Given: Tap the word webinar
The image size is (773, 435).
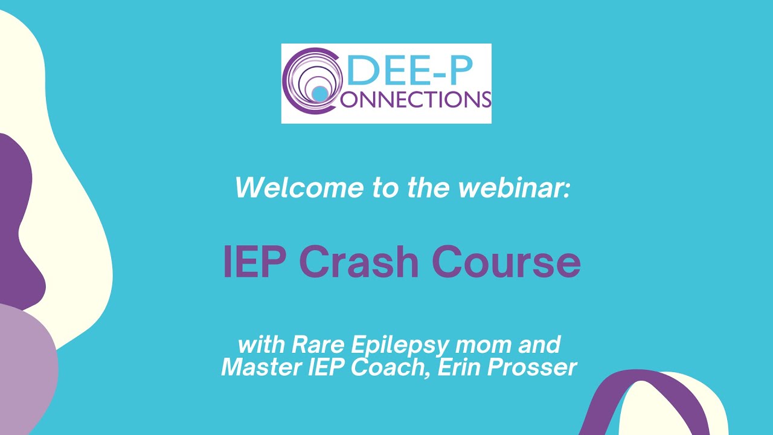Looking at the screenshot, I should (514, 188).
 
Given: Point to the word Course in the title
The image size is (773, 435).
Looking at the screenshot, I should (506, 262).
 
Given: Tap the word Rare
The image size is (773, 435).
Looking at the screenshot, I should (318, 346).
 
